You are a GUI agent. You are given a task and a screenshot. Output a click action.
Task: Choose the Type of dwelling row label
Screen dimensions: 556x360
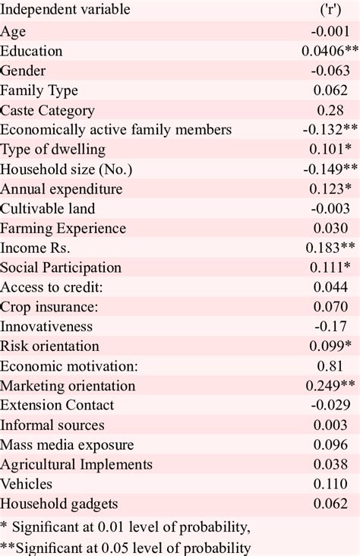tap(53, 150)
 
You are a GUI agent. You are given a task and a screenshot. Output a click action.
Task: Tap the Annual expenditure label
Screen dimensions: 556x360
tap(62, 189)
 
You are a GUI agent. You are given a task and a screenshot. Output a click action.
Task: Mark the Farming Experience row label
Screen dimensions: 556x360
tap(63, 229)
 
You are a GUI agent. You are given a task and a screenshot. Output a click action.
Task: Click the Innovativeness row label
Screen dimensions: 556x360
tap(46, 327)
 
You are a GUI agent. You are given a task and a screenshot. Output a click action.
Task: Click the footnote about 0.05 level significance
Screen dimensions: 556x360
tap(126, 547)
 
